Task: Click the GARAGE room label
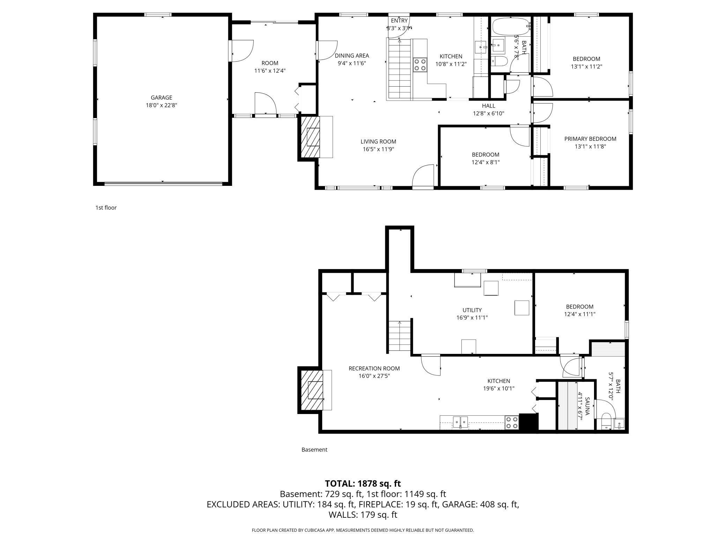click(161, 97)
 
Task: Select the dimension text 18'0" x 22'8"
click(161, 105)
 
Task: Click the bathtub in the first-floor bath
click(510, 27)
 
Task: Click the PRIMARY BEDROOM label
click(590, 139)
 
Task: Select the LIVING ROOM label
click(378, 141)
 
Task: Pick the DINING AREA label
click(351, 56)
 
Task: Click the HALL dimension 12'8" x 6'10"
click(488, 113)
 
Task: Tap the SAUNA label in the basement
click(587, 406)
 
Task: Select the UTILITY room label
click(472, 310)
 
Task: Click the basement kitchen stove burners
click(512, 422)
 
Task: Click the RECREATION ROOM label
click(374, 368)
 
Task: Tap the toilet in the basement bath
click(607, 420)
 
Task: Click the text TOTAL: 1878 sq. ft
click(363, 484)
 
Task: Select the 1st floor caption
click(106, 208)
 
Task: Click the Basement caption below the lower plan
click(314, 450)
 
